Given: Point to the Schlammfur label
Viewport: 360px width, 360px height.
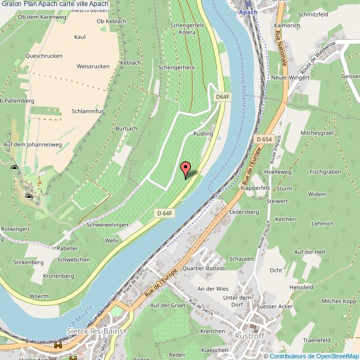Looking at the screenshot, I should tap(88, 111).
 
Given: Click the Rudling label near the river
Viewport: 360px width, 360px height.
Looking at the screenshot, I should tap(203, 134).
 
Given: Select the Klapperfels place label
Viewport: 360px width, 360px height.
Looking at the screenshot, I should tap(255, 188).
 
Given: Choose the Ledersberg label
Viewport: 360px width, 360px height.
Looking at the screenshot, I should tap(244, 212).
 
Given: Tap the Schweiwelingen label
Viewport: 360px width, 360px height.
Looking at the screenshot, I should tap(107, 225).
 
